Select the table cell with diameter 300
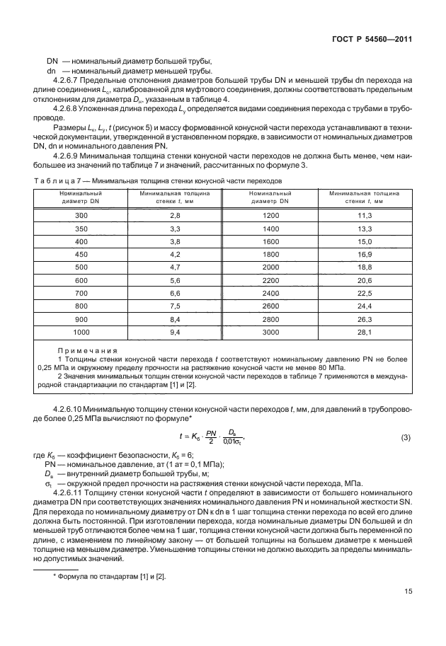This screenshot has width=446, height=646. click(81, 215)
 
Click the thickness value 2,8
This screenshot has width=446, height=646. click(175, 215)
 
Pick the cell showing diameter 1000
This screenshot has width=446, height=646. click(81, 331)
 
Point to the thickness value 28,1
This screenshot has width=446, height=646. click(365, 331)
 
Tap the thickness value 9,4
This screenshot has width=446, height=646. click(175, 331)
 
